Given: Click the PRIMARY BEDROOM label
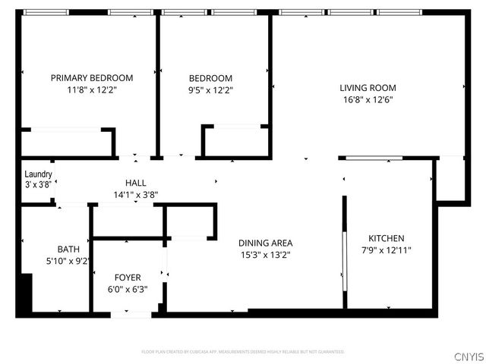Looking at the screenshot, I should click(92, 77).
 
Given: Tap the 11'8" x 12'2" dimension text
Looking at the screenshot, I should click(92, 89).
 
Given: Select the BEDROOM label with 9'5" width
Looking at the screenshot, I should click(210, 77).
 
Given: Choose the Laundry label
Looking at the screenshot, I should click(38, 174).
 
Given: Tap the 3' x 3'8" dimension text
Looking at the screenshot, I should click(38, 184).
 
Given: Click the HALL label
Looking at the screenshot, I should click(136, 183).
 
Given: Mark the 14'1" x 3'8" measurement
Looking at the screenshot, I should click(136, 194).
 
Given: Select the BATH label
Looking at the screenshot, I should click(68, 249).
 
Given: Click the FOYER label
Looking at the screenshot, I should click(128, 277).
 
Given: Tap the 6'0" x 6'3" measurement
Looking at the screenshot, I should click(128, 288).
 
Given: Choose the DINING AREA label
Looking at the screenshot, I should click(265, 243).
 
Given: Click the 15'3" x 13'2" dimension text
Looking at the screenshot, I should click(265, 254).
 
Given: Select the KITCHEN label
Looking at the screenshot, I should click(386, 237).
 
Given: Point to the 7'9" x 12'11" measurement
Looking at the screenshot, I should click(386, 249).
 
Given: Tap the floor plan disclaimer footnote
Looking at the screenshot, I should click(243, 352).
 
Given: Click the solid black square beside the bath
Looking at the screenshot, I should click(25, 293).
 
